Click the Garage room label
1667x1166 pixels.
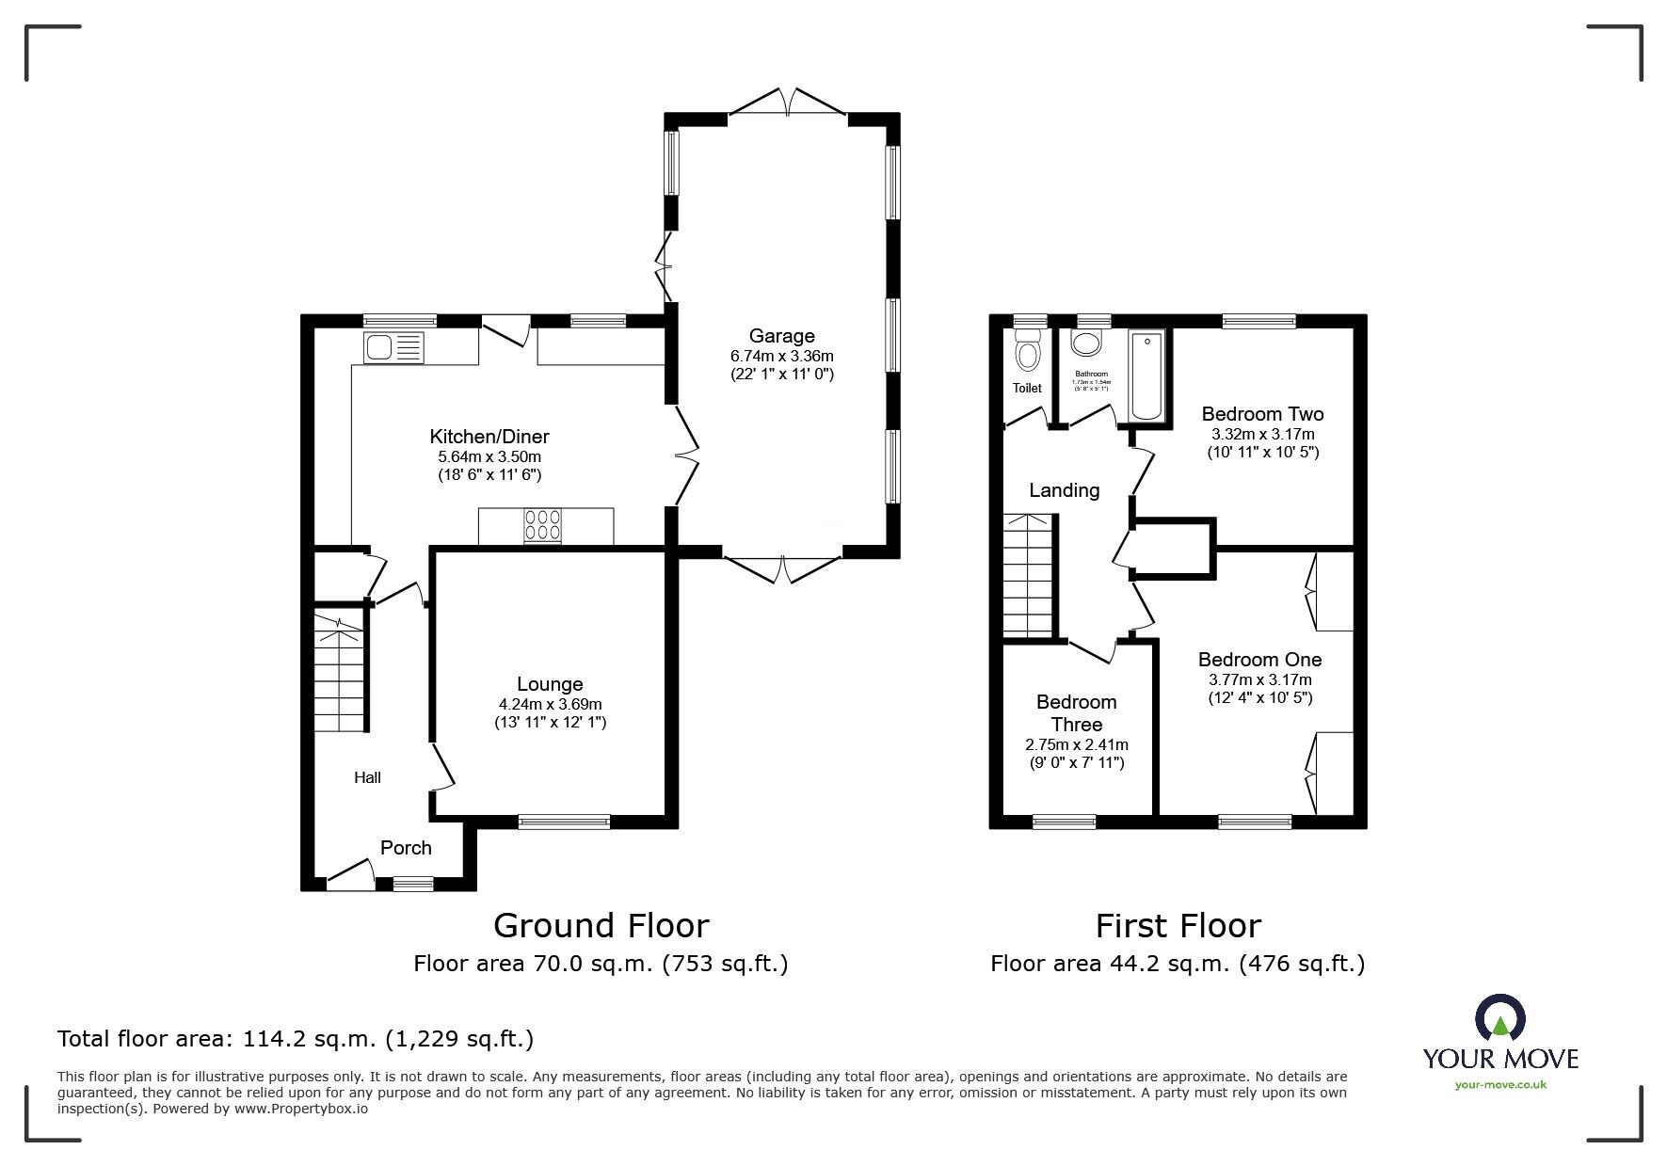click(x=781, y=336)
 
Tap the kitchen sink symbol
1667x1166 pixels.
click(x=393, y=347)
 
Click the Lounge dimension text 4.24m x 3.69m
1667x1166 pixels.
click(x=550, y=704)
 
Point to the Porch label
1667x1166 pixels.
click(x=406, y=848)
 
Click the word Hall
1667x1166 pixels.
click(x=367, y=777)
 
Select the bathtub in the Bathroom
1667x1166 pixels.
click(x=1146, y=375)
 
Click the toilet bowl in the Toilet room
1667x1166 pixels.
click(x=1027, y=355)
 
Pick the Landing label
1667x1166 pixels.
click(x=1064, y=490)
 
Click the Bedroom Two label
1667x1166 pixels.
click(x=1262, y=414)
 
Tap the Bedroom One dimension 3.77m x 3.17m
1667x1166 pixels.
click(x=1259, y=679)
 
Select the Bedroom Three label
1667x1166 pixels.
click(x=1076, y=713)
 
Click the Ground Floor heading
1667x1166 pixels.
click(x=601, y=926)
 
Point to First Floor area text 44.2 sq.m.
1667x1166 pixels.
click(x=1177, y=964)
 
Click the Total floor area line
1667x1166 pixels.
click(x=296, y=1039)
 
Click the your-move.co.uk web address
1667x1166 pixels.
click(x=1500, y=1085)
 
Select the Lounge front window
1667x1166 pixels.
click(x=564, y=822)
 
